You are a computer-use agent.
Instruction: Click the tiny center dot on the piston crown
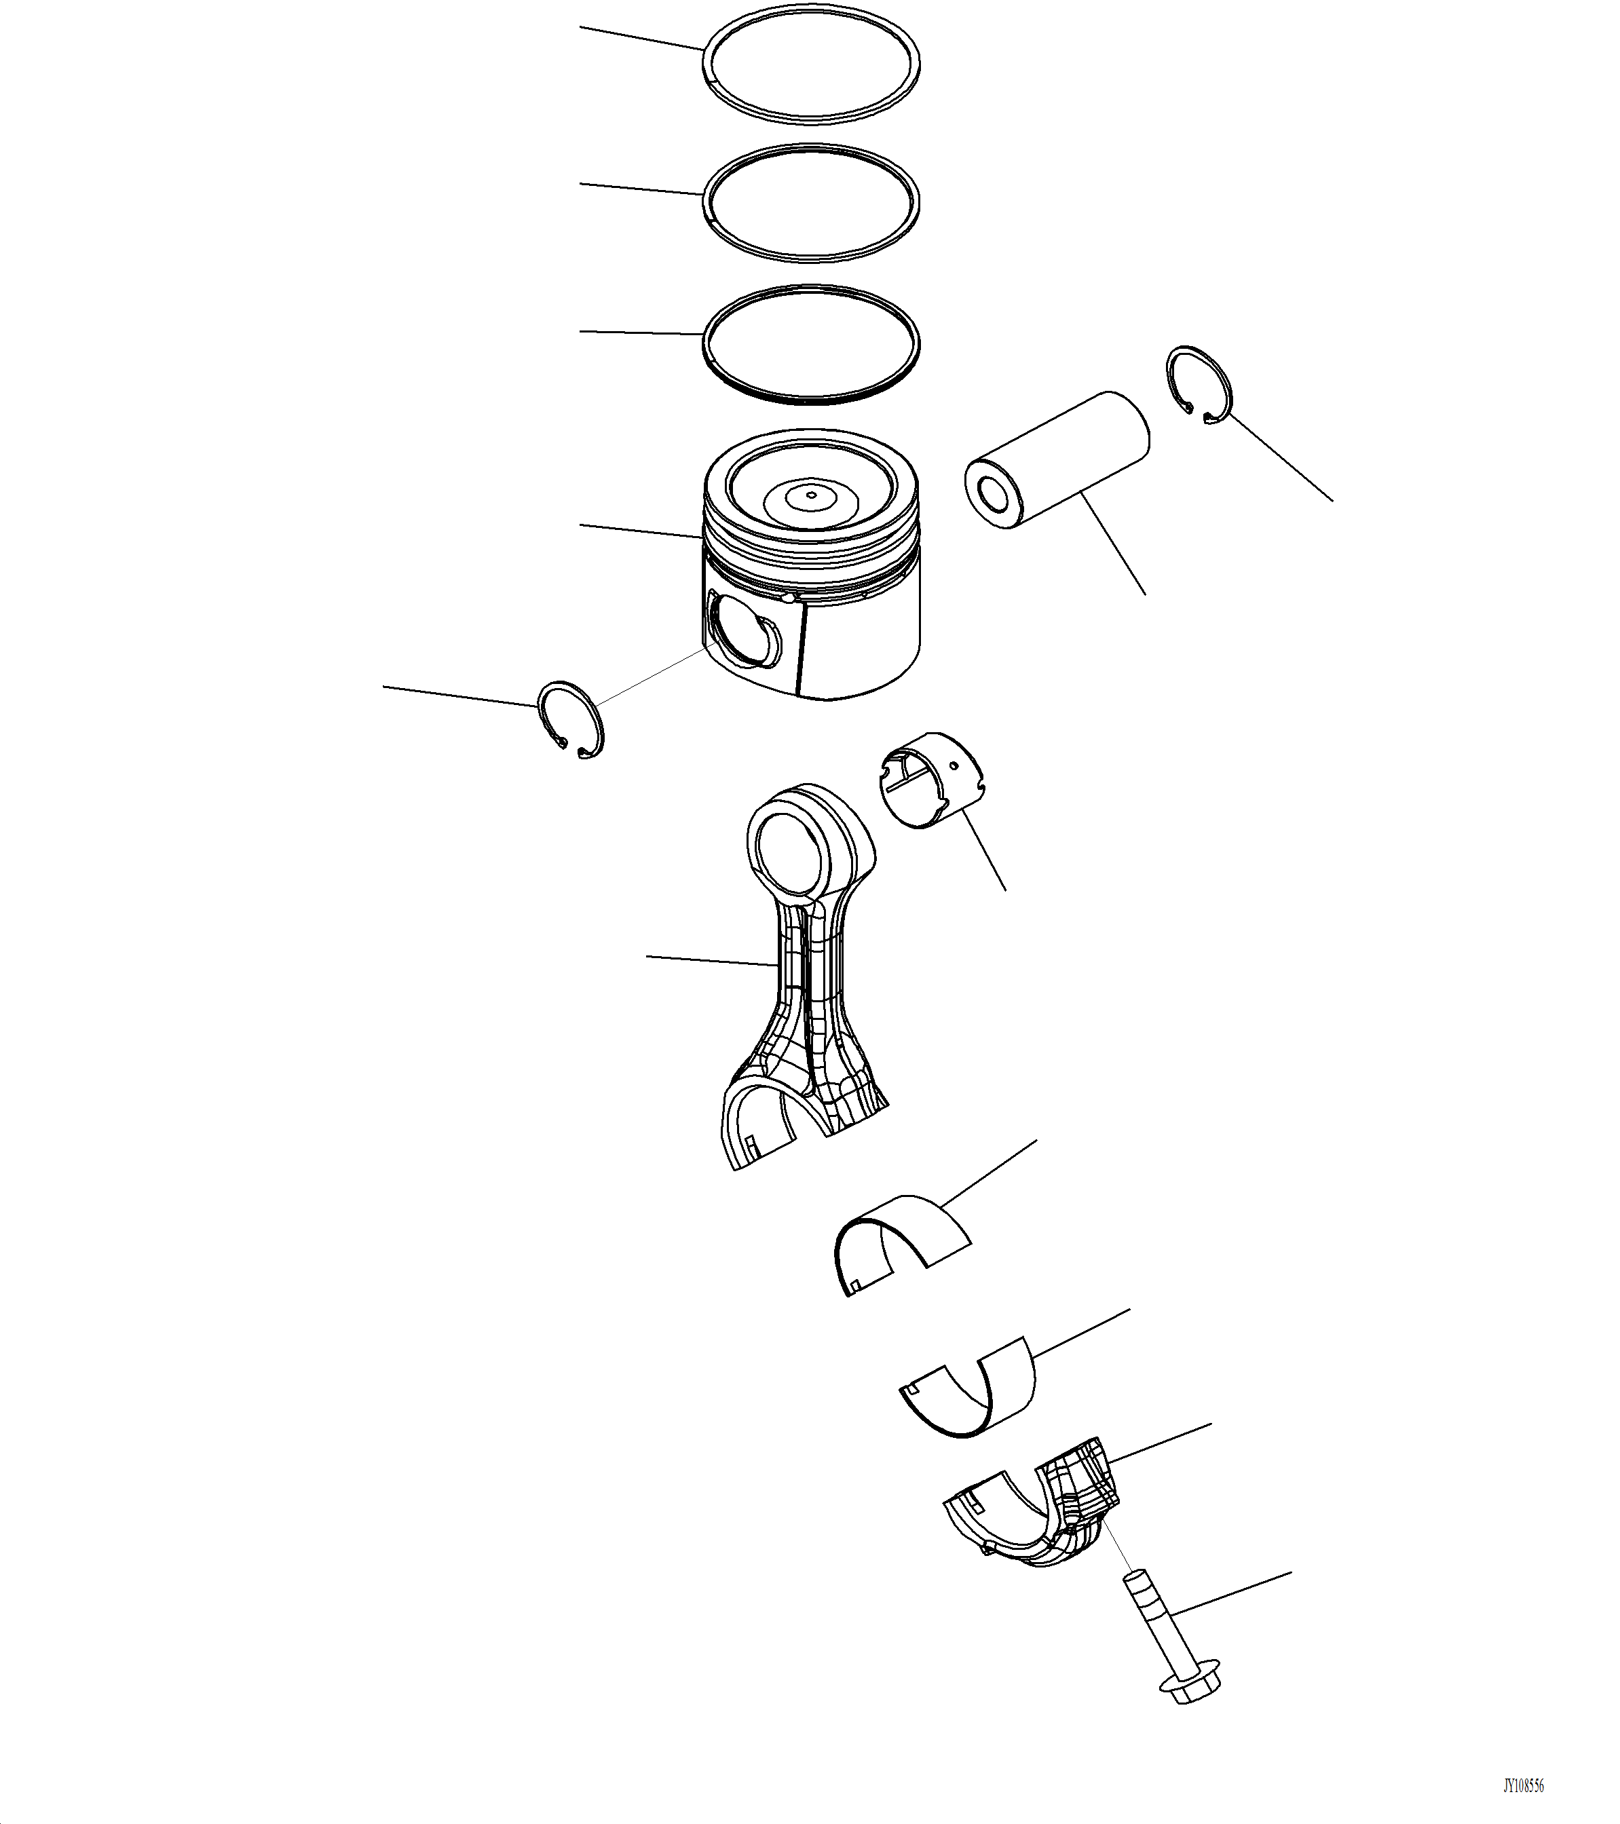pos(810,493)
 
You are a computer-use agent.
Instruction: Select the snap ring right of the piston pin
pos(1199,383)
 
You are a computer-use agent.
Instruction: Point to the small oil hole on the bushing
pos(954,765)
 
